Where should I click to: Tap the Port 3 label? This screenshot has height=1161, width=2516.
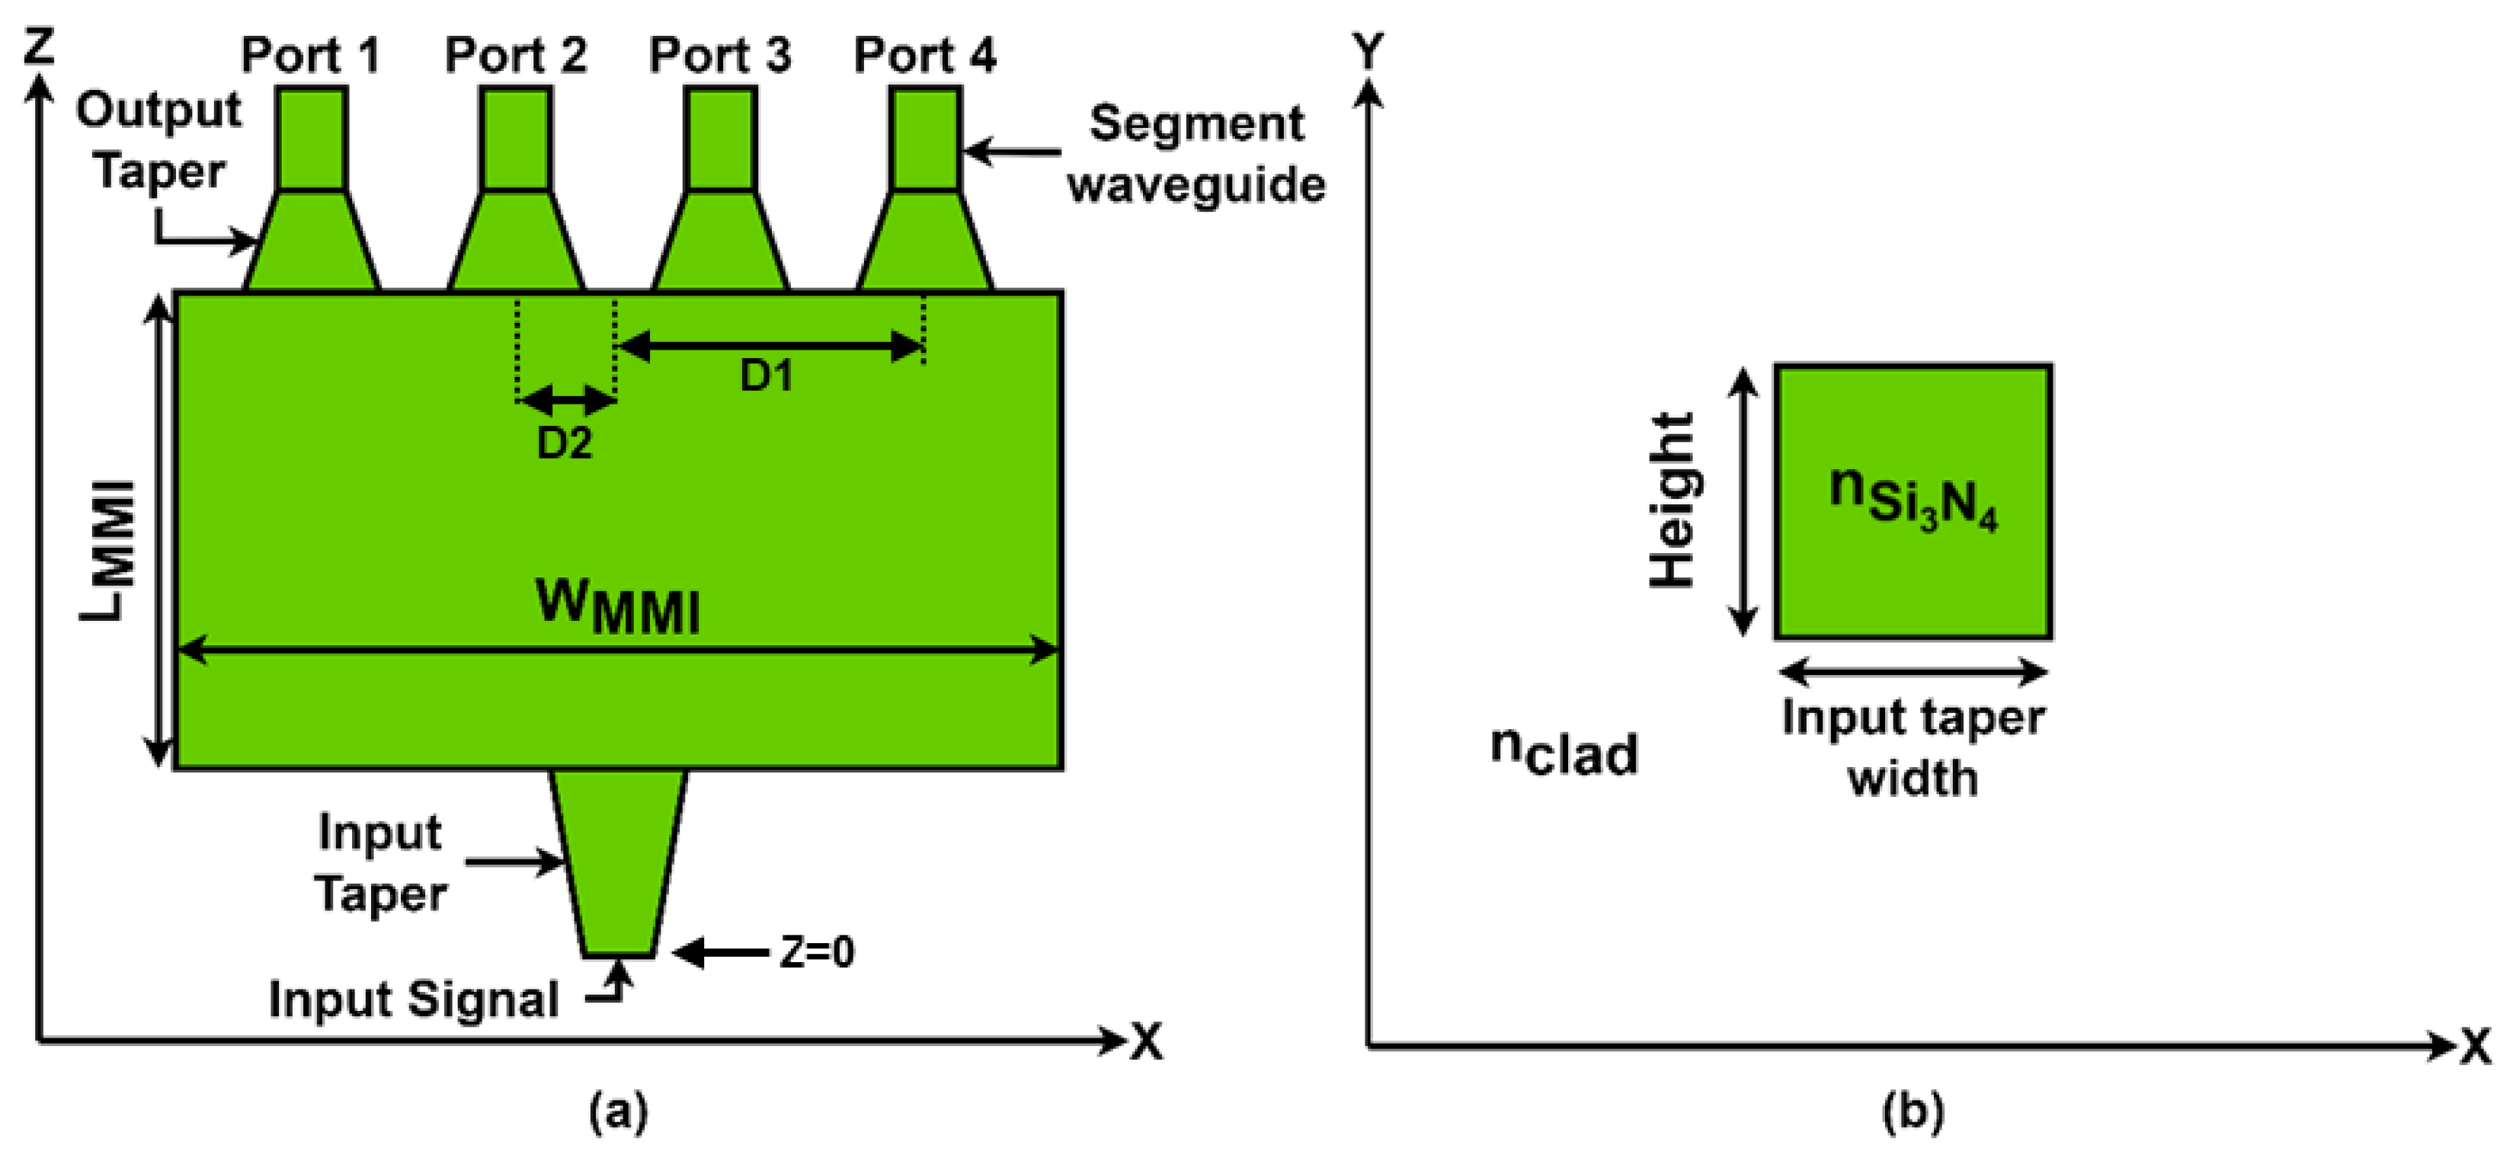720,56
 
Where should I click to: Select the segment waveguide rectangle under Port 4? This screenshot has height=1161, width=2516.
925,138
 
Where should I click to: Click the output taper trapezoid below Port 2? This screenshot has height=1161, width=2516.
516,242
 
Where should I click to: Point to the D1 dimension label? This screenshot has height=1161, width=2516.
766,376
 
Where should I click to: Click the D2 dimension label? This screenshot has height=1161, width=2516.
565,444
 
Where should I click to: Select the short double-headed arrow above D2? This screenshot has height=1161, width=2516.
566,399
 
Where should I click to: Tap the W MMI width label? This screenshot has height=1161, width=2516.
618,606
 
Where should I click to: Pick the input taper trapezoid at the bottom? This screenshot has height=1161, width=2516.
617,859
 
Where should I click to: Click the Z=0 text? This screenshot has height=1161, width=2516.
817,952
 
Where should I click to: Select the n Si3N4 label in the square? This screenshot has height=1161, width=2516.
1913,500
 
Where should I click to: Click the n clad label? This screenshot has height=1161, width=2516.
1564,752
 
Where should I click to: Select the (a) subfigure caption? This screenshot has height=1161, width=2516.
618,1112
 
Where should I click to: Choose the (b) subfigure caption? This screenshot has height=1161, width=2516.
1913,1112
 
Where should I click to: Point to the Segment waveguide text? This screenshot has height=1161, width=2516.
1196,155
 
